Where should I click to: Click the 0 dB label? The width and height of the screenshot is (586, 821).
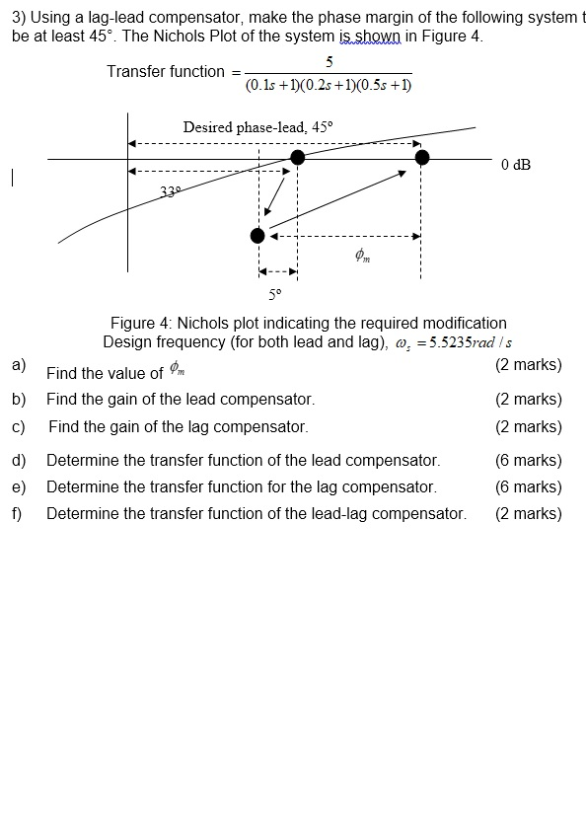click(x=515, y=165)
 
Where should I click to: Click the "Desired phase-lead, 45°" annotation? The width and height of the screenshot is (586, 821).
click(x=258, y=127)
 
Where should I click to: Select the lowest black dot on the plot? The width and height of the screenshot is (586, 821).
click(x=257, y=236)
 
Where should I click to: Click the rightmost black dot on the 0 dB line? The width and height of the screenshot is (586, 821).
click(x=422, y=158)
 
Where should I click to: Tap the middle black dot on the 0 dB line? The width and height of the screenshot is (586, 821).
click(x=297, y=158)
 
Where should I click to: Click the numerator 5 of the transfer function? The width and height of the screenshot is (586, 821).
click(x=329, y=61)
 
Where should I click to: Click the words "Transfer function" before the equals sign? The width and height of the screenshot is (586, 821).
click(x=166, y=71)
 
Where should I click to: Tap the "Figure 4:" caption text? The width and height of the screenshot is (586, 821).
click(x=141, y=324)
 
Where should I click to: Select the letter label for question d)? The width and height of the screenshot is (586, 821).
click(x=19, y=460)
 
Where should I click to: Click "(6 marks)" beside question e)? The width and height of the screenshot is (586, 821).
click(x=528, y=486)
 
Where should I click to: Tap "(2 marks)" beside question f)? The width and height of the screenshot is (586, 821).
click(x=528, y=513)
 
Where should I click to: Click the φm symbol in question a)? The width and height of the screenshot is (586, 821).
click(x=177, y=369)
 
